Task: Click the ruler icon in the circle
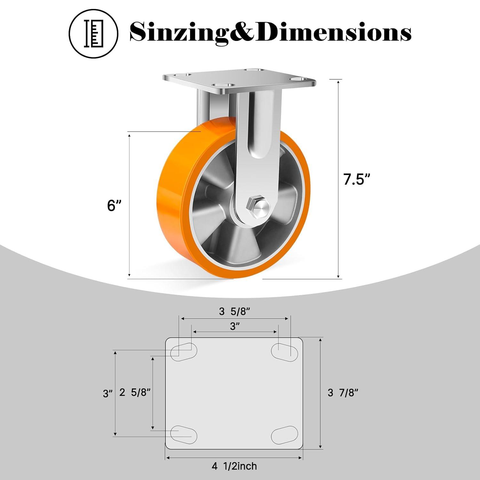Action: pyautogui.click(x=93, y=33)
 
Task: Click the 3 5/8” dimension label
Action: pyautogui.click(x=235, y=311)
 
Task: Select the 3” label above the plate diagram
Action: pyautogui.click(x=235, y=326)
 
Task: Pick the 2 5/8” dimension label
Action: pyautogui.click(x=135, y=392)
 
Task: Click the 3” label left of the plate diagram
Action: pyautogui.click(x=108, y=393)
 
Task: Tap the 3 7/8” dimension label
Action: pyautogui.click(x=343, y=393)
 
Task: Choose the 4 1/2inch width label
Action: pyautogui.click(x=234, y=466)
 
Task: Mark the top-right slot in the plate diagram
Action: pyautogui.click(x=284, y=351)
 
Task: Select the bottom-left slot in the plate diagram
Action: pyautogui.click(x=183, y=434)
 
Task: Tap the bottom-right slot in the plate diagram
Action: pyautogui.click(x=284, y=435)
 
